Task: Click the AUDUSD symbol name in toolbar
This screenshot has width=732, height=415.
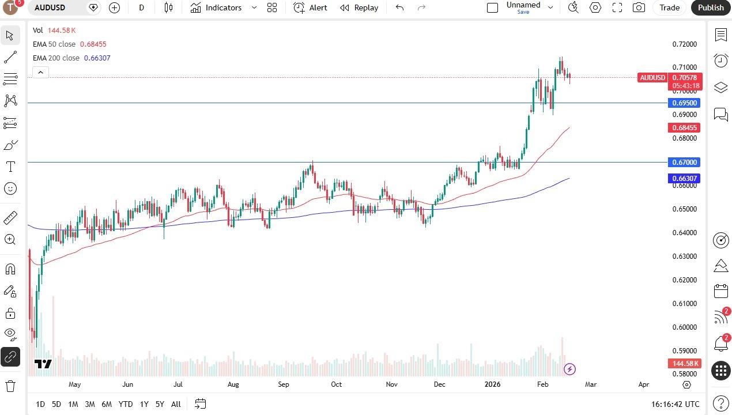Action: (x=50, y=7)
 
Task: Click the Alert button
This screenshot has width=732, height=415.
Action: (x=310, y=7)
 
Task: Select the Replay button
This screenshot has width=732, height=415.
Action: (x=359, y=7)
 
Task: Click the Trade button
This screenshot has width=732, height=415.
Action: (x=669, y=7)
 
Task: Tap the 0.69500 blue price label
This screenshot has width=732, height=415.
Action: (x=684, y=103)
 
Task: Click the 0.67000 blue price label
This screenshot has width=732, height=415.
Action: (x=684, y=163)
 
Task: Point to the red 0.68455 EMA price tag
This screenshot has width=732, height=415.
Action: (x=684, y=128)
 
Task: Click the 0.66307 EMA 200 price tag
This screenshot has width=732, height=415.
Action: (x=684, y=179)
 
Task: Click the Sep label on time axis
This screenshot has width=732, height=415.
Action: (x=284, y=384)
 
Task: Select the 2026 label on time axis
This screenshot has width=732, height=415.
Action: (x=492, y=384)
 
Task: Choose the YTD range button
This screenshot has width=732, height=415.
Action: (x=125, y=404)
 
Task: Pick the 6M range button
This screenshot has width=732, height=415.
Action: (x=107, y=404)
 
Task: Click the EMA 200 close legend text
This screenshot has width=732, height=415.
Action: (x=56, y=58)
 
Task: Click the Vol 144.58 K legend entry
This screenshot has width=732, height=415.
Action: (x=54, y=30)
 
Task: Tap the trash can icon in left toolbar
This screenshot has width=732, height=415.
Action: (x=10, y=386)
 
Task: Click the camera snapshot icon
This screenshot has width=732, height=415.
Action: (x=639, y=7)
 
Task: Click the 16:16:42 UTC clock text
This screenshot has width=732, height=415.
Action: (x=675, y=404)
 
